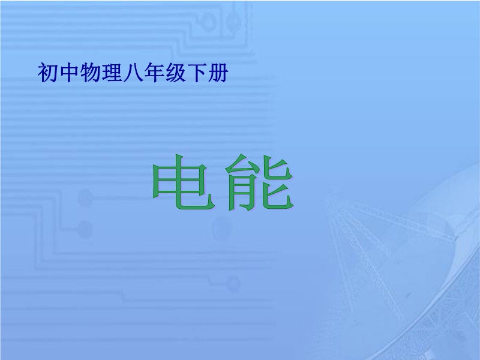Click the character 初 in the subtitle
pyautogui.click(x=47, y=73)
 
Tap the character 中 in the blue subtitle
pyautogui.click(x=69, y=73)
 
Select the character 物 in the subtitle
pyautogui.click(x=90, y=73)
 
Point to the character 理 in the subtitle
pyautogui.click(x=112, y=73)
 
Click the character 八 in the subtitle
pyautogui.click(x=133, y=73)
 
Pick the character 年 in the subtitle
pyautogui.click(x=154, y=73)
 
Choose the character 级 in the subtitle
pyautogui.click(x=176, y=73)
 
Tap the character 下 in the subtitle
pyautogui.click(x=197, y=73)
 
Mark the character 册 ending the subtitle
pyautogui.click(x=218, y=73)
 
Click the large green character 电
pyautogui.click(x=183, y=182)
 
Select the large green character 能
pyautogui.click(x=260, y=182)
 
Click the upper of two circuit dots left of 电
pyautogui.click(x=85, y=198)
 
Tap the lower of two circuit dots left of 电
pyautogui.click(x=85, y=229)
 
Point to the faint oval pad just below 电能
pyautogui.click(x=221, y=228)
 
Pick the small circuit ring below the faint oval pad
pyautogui.click(x=233, y=283)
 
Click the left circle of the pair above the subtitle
pyautogui.click(x=209, y=22)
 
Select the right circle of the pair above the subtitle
pyautogui.click(x=233, y=22)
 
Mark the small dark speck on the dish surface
pyautogui.click(x=409, y=295)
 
